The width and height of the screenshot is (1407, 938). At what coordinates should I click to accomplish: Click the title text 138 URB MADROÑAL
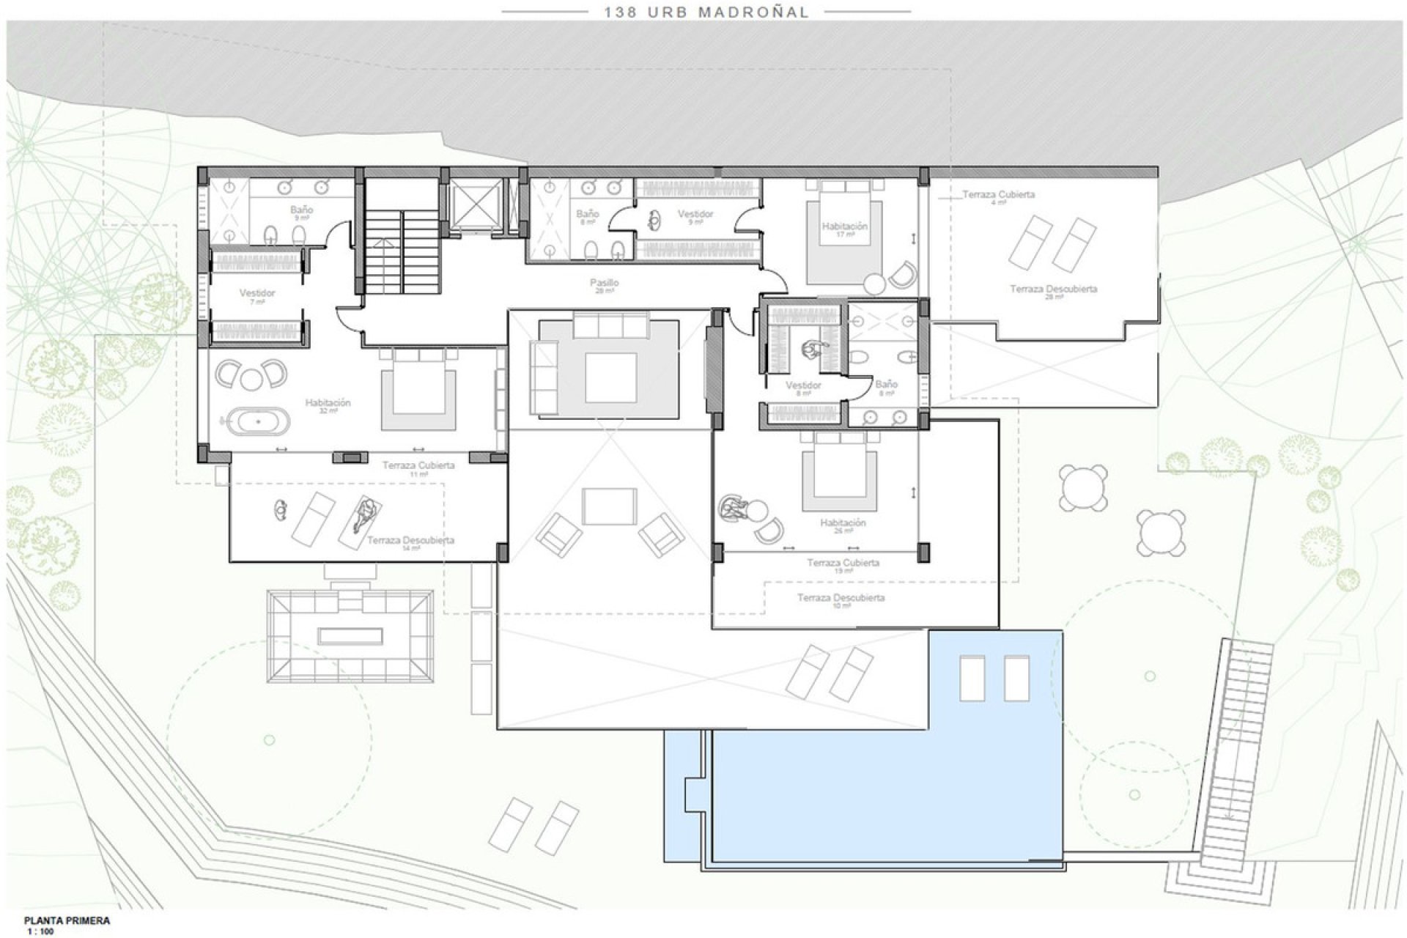pyautogui.click(x=706, y=12)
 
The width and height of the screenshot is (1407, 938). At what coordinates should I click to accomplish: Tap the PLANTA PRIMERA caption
pyautogui.click(x=67, y=920)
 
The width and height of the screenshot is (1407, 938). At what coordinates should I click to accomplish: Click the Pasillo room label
pyautogui.click(x=605, y=284)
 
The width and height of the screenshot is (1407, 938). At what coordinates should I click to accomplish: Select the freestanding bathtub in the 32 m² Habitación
pyautogui.click(x=258, y=422)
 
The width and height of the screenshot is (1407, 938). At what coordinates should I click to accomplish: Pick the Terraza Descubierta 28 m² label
pyautogui.click(x=1053, y=290)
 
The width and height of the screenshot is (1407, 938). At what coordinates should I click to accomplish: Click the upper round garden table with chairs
pyautogui.click(x=1083, y=487)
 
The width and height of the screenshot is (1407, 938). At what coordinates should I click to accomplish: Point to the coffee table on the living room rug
pyautogui.click(x=610, y=377)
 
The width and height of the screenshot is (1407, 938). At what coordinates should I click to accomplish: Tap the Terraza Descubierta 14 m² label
pyautogui.click(x=410, y=542)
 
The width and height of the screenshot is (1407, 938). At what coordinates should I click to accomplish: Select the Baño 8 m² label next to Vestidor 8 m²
pyautogui.click(x=886, y=385)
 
